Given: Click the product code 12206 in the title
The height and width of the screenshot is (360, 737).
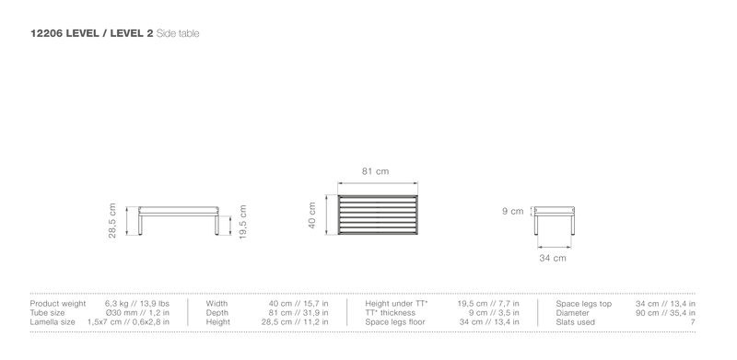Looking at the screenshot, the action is click(47, 33).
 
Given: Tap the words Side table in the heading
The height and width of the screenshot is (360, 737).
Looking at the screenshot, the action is click(178, 33).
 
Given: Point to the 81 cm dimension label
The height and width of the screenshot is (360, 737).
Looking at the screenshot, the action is click(376, 171).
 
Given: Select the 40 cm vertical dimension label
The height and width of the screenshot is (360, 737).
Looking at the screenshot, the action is click(312, 215).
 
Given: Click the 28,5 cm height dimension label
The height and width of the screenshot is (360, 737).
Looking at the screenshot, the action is click(112, 221).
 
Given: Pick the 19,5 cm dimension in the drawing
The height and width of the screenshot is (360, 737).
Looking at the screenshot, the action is click(243, 221).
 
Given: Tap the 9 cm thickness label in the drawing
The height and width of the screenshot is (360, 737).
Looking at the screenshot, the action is click(513, 212).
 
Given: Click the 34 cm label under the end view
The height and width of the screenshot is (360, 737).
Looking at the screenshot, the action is click(553, 258).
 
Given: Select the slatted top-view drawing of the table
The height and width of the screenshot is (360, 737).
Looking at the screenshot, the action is click(378, 215).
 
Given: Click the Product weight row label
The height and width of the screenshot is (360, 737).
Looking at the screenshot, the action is click(58, 304).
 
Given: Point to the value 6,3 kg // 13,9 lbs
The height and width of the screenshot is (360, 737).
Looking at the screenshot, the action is click(137, 304).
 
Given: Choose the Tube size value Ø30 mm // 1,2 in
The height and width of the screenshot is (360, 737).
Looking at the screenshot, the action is click(137, 313).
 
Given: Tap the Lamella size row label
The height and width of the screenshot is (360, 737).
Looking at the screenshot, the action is click(53, 322).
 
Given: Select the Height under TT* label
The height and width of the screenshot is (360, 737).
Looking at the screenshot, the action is click(396, 304).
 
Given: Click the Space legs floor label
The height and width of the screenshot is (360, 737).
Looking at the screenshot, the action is click(395, 322).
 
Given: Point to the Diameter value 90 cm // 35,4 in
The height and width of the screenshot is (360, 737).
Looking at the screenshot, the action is click(665, 313).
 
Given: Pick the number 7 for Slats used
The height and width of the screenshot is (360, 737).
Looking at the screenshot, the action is click(693, 322).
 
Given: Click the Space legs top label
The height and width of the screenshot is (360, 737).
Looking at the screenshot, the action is click(584, 304).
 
